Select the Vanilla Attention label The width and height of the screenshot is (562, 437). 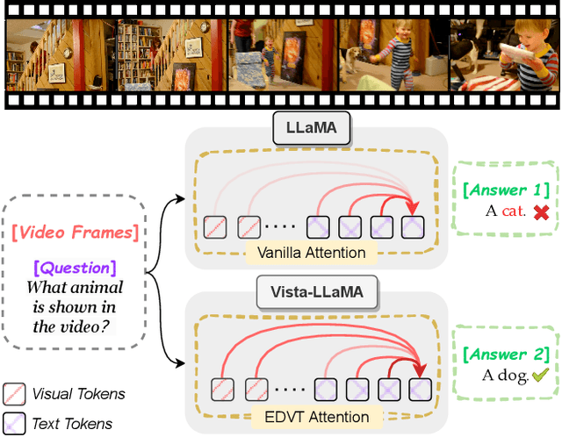[x=311, y=254]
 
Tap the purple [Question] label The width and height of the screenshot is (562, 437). [x=74, y=266]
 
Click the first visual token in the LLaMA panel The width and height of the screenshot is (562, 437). [x=214, y=226]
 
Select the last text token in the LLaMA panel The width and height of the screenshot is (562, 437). [x=414, y=226]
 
